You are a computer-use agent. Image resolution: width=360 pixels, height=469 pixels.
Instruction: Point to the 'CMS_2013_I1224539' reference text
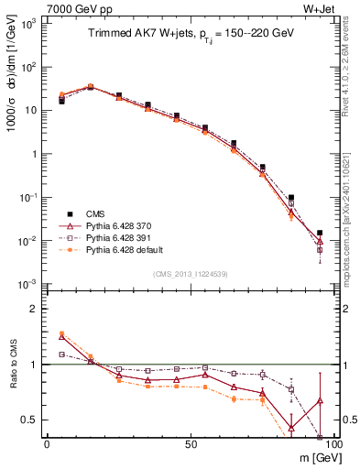[189, 274]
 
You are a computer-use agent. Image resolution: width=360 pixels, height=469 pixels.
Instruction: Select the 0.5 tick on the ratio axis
[32, 420]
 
